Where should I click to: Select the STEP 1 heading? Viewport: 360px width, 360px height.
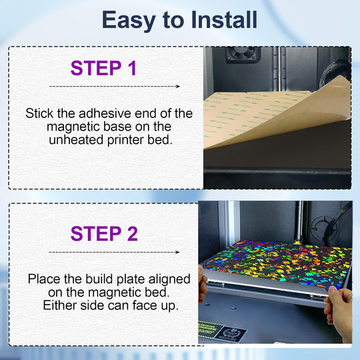[x=103, y=68]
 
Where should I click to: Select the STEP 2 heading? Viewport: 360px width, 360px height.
[x=104, y=233]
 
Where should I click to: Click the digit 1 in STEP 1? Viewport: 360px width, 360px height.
[x=132, y=68]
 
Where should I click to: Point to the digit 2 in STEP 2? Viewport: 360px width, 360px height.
[x=132, y=233]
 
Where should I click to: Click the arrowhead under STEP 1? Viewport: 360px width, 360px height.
[x=177, y=86]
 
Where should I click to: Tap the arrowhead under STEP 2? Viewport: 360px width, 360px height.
[x=177, y=252]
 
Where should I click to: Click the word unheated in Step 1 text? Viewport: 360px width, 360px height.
[x=76, y=140]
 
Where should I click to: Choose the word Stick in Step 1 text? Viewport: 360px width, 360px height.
[x=39, y=113]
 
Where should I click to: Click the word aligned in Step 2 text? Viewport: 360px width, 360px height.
[x=169, y=280]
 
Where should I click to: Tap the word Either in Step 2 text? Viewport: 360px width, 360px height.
[x=60, y=305]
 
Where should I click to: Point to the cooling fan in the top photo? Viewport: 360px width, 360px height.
[x=243, y=55]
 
